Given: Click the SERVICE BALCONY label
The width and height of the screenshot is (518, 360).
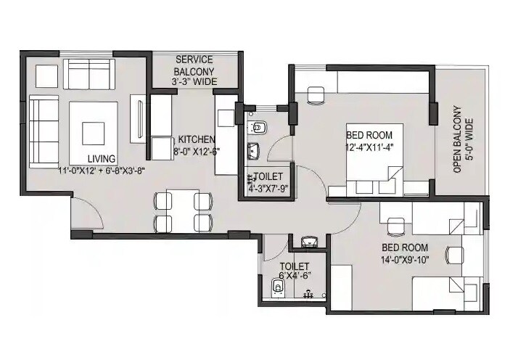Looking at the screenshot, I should [x=194, y=66].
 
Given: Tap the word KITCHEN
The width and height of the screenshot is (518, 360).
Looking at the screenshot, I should [x=197, y=139].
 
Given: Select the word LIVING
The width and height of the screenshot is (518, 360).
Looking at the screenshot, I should [x=102, y=159].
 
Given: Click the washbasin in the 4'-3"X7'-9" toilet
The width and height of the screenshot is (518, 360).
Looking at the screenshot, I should [x=253, y=152].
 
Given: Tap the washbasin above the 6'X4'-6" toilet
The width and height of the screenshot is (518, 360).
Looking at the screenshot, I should [x=310, y=242].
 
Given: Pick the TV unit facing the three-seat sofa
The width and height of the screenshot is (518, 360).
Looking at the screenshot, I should [x=138, y=119].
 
